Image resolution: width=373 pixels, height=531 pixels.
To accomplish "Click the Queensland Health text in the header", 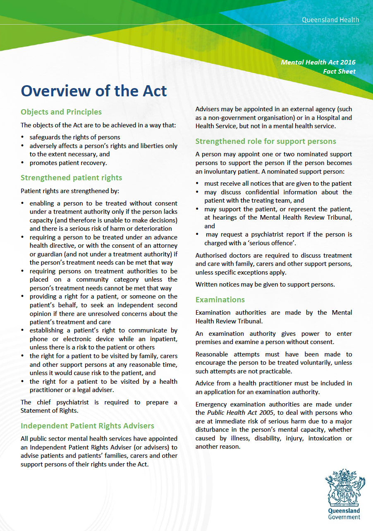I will (330, 19).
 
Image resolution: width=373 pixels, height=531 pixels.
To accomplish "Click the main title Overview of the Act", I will (94, 91).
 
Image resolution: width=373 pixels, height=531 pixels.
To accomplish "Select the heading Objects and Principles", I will (61, 112).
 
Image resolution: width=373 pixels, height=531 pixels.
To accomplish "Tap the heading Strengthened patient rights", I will (71, 178).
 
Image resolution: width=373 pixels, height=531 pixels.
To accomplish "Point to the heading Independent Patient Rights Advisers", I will (87, 426).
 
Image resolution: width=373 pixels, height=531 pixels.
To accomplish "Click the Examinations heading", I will (220, 299).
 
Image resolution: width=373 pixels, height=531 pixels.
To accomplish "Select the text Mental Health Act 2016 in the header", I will (318, 62).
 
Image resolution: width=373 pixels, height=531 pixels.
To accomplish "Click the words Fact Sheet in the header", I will (340, 71).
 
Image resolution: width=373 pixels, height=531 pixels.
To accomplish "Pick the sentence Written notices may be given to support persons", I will (265, 284).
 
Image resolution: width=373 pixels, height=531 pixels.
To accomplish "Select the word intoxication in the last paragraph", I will (322, 438).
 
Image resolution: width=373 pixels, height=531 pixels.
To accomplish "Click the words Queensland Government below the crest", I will (344, 514).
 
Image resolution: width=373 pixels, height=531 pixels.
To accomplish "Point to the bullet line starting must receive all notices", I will (278, 184).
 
